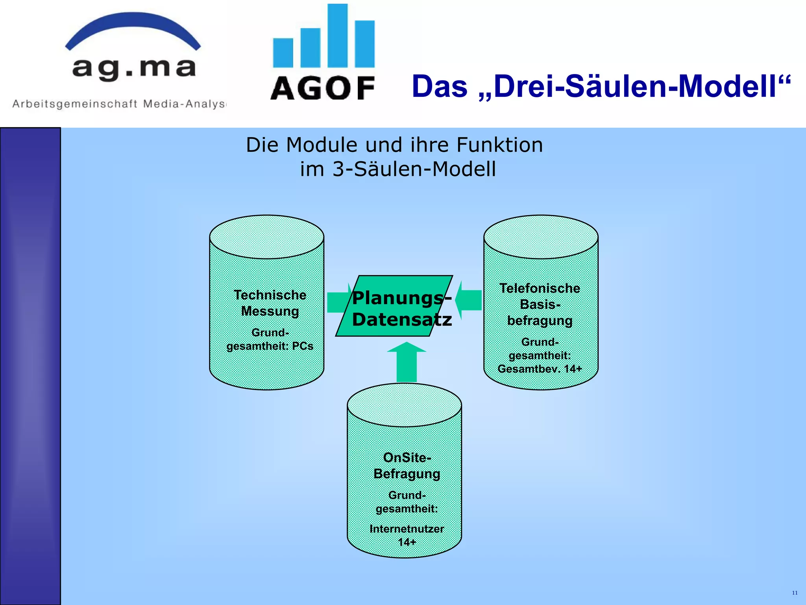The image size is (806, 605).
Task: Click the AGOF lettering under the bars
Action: [x=323, y=88]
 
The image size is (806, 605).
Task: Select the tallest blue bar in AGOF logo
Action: [x=337, y=35]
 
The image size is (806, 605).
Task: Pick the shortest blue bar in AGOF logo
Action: [x=283, y=53]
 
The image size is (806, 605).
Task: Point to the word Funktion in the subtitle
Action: [x=499, y=145]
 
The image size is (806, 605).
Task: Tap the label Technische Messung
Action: [x=270, y=303]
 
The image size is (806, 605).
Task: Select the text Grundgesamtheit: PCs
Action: [x=270, y=340]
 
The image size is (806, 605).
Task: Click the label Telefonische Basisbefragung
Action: [x=540, y=304]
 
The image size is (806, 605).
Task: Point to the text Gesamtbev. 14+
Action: [x=540, y=369]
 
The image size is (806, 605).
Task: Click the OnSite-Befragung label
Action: [x=407, y=466]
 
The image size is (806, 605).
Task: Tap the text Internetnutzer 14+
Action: [x=407, y=535]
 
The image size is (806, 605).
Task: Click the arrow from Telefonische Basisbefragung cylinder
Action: [x=469, y=300]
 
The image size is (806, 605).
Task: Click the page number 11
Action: [x=795, y=593]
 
